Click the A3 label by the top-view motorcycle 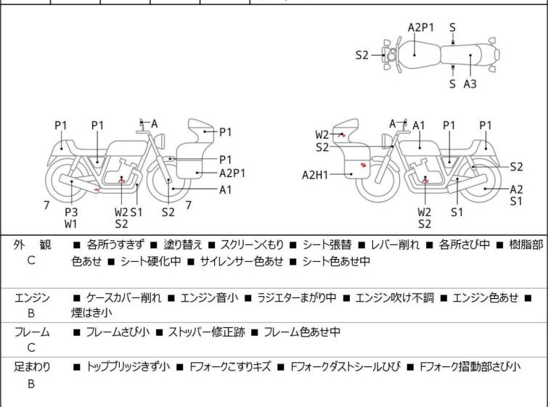(x=470, y=84)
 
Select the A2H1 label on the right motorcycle (x=316, y=174)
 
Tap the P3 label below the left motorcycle (x=71, y=212)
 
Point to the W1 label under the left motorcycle (x=71, y=224)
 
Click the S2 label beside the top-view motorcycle (x=362, y=54)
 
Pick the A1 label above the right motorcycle (x=419, y=126)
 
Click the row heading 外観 (x=31, y=245)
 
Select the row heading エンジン (x=32, y=297)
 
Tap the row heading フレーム (x=32, y=332)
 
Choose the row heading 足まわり (x=32, y=367)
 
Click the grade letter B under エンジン (x=31, y=314)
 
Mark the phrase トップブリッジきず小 (x=128, y=367)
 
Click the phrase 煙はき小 (x=91, y=313)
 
